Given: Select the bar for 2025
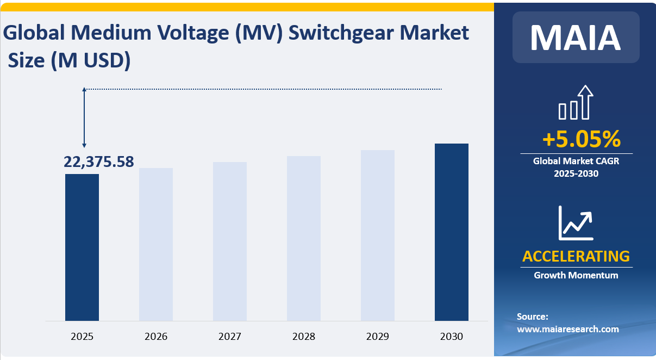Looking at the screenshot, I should (x=82, y=247).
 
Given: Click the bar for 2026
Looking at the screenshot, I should (x=156, y=244).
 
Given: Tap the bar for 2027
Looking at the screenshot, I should (x=230, y=241).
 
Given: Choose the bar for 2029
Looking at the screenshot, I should (x=378, y=235).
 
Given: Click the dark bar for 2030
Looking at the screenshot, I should (x=452, y=232).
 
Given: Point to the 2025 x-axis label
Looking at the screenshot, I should (x=82, y=337).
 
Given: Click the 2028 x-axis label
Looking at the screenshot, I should (x=304, y=337).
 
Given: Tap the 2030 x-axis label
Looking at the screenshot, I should (x=452, y=337).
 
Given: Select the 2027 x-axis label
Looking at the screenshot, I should (x=230, y=337).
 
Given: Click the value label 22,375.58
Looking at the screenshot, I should (x=99, y=162).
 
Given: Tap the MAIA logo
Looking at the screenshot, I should (x=576, y=37).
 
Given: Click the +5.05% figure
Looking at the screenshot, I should (x=581, y=140).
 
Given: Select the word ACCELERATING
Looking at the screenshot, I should (x=576, y=256).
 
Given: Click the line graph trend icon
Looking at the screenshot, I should (x=576, y=223).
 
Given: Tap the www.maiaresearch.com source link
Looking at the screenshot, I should (x=567, y=329).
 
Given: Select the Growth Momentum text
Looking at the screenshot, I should (x=576, y=275).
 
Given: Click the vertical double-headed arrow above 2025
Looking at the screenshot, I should (x=84, y=117).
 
